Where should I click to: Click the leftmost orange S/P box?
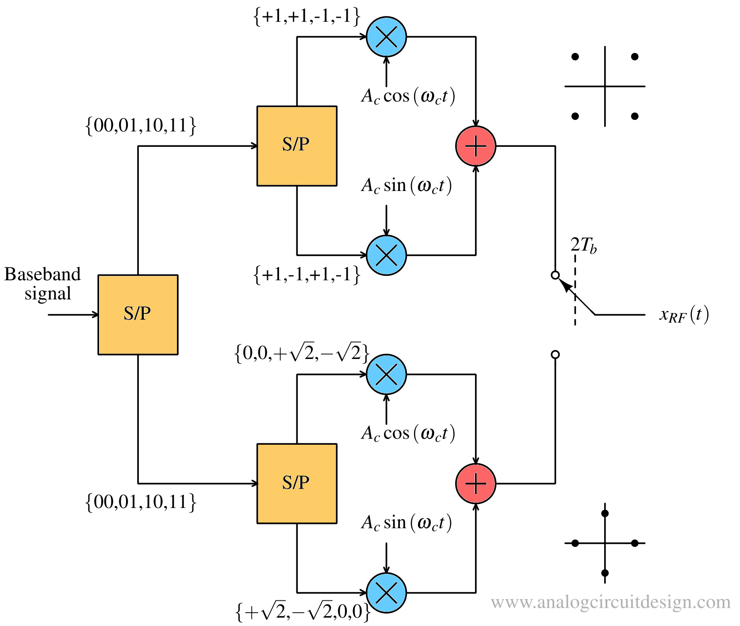(x=138, y=315)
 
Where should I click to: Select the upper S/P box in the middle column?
(x=297, y=146)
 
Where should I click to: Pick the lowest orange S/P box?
(x=297, y=483)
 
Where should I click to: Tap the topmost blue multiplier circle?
(x=386, y=37)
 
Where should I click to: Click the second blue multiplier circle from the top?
(x=386, y=255)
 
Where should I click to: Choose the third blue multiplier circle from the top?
(x=386, y=374)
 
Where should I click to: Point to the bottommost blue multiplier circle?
(x=386, y=592)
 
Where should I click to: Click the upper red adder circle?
(x=475, y=146)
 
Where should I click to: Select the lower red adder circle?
(x=475, y=483)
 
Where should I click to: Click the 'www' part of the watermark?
(x=511, y=603)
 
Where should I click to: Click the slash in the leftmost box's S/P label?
(x=137, y=313)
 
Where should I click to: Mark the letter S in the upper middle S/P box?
(x=288, y=145)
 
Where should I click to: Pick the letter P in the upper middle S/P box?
(x=304, y=145)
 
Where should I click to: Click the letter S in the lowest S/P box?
(x=288, y=482)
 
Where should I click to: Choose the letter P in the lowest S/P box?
(x=304, y=482)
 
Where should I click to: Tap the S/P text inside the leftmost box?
(x=137, y=313)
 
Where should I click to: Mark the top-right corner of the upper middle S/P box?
(x=334, y=109)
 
